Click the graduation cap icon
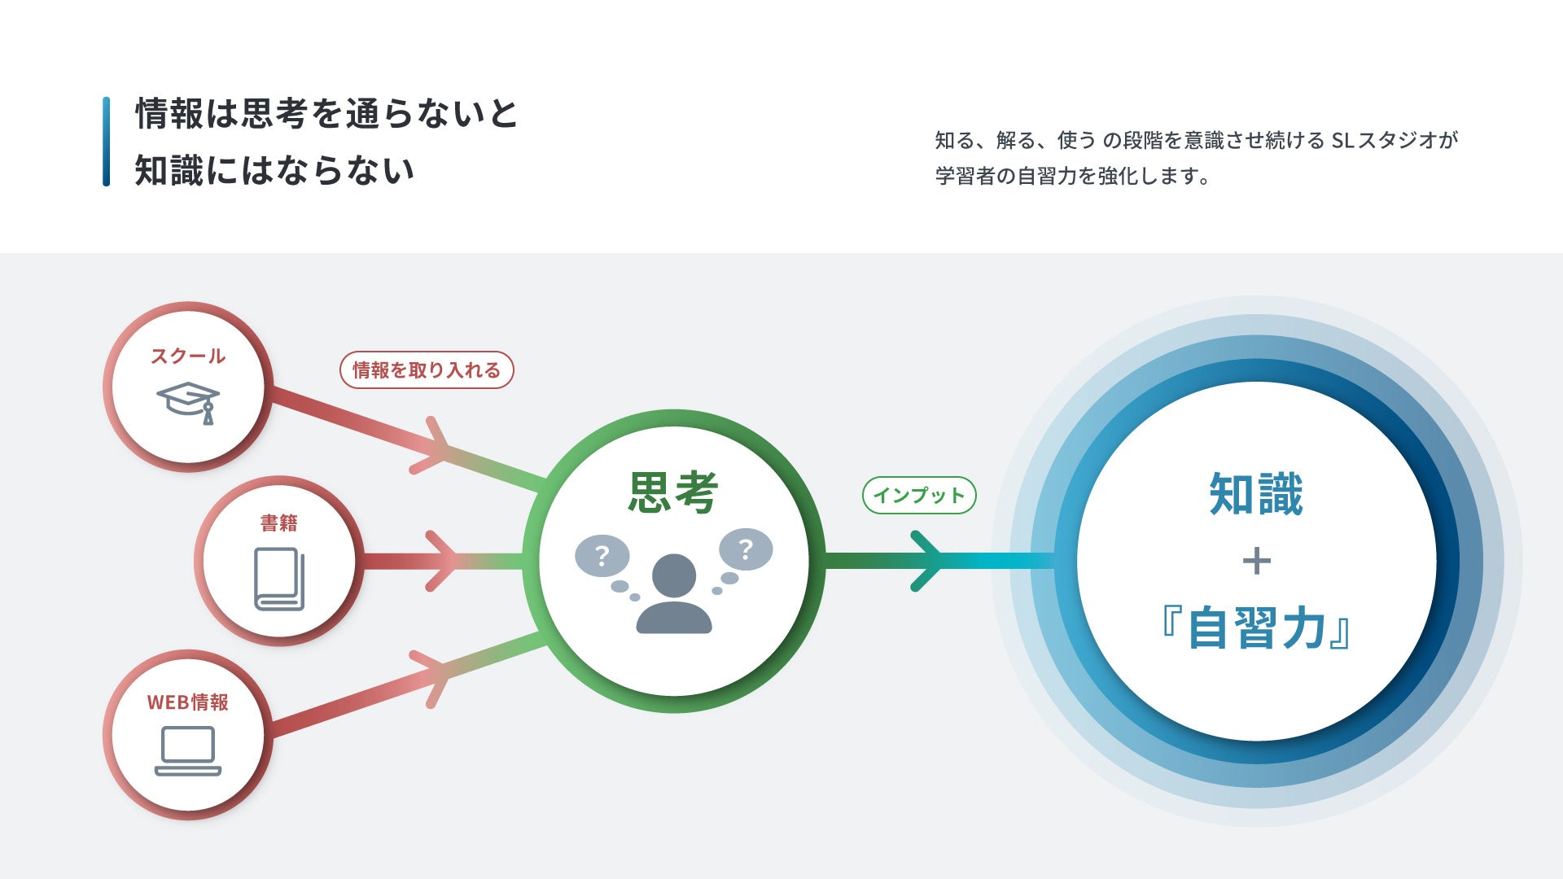tap(188, 401)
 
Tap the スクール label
tap(188, 356)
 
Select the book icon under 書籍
tap(279, 579)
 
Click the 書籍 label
tap(279, 523)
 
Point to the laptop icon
tap(188, 750)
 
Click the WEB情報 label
tap(188, 702)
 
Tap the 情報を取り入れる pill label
tap(427, 370)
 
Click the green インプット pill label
tap(919, 495)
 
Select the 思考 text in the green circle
tap(673, 492)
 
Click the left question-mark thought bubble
tap(602, 557)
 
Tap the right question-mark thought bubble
tap(746, 550)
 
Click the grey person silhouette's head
tap(674, 575)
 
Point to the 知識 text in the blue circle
tap(1256, 493)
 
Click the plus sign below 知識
tap(1257, 561)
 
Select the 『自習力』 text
tap(1256, 628)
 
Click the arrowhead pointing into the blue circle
tap(928, 561)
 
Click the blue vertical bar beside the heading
tap(107, 142)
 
